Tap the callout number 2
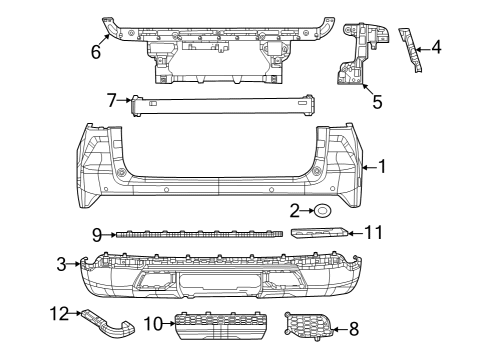(x=295, y=210)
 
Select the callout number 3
(x=62, y=263)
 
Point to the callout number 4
(x=436, y=47)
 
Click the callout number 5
(x=376, y=100)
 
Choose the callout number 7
(x=113, y=98)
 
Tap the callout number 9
(x=98, y=236)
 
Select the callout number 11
(x=373, y=232)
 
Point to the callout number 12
(x=62, y=313)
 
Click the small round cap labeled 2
(x=325, y=210)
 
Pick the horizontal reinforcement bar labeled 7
(x=220, y=104)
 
